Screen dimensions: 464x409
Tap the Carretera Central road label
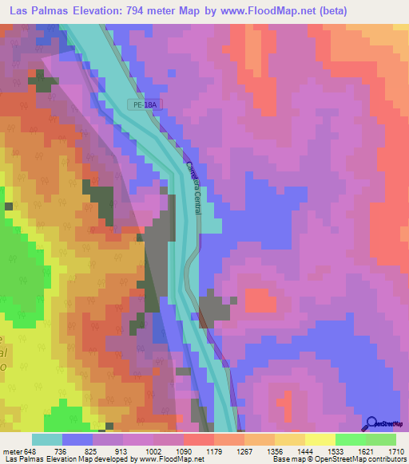pos(193,188)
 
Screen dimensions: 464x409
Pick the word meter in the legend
pos(13,451)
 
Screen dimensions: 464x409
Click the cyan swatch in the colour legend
pos(47,439)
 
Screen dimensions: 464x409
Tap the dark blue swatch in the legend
pos(77,439)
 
